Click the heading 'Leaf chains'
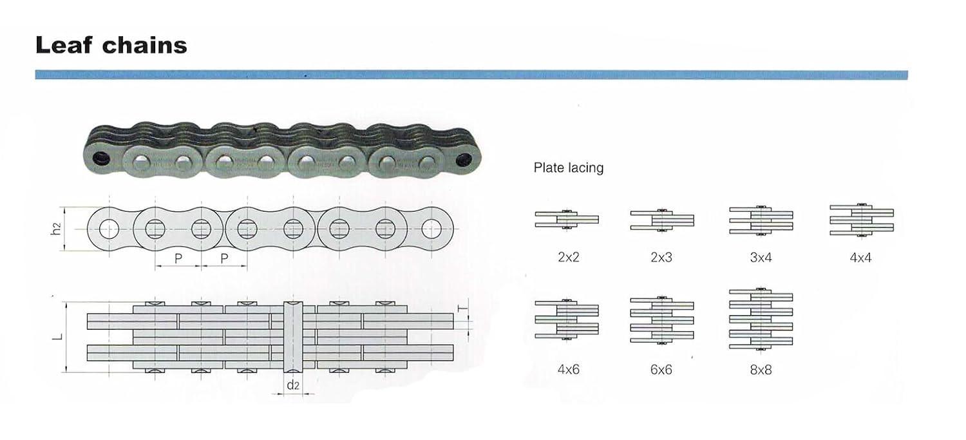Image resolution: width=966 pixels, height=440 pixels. [111, 45]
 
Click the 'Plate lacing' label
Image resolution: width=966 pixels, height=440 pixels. [569, 167]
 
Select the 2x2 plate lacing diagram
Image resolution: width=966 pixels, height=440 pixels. [567, 220]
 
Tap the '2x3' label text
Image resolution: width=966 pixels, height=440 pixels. [661, 258]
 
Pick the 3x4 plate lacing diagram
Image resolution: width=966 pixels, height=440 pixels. [761, 220]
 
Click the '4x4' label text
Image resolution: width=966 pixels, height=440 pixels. [860, 258]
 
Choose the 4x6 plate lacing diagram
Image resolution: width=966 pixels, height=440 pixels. [567, 320]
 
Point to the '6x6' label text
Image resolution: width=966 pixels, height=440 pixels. [661, 370]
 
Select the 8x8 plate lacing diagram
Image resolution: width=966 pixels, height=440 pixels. [761, 319]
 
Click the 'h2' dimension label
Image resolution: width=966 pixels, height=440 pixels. [56, 229]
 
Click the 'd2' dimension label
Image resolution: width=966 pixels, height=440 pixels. [293, 385]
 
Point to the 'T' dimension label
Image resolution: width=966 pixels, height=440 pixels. [462, 309]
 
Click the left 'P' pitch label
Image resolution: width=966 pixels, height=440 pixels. [178, 258]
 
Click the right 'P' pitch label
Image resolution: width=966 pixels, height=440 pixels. [224, 258]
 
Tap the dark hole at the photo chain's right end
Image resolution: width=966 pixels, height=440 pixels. [464, 160]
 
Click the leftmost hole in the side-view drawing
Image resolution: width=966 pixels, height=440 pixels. [109, 229]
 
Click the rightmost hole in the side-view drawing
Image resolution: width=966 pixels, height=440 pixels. [431, 229]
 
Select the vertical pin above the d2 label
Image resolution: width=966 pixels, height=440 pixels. [293, 336]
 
